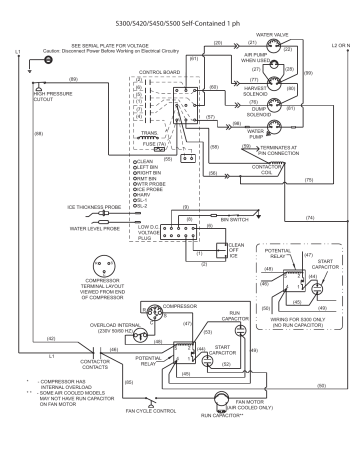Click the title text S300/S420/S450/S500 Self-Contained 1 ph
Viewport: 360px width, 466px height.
click(x=180, y=19)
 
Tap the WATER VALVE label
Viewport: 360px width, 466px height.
click(x=272, y=35)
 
